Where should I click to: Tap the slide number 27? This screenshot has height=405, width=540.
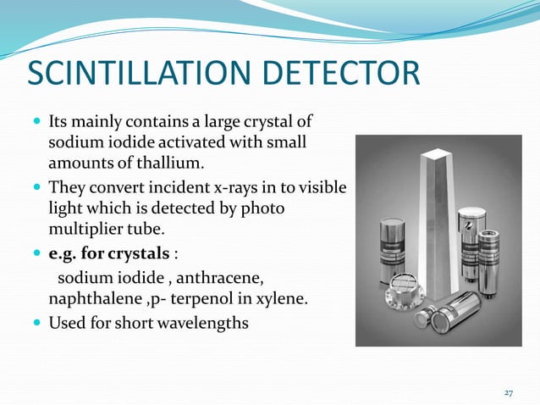coord(509,392)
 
